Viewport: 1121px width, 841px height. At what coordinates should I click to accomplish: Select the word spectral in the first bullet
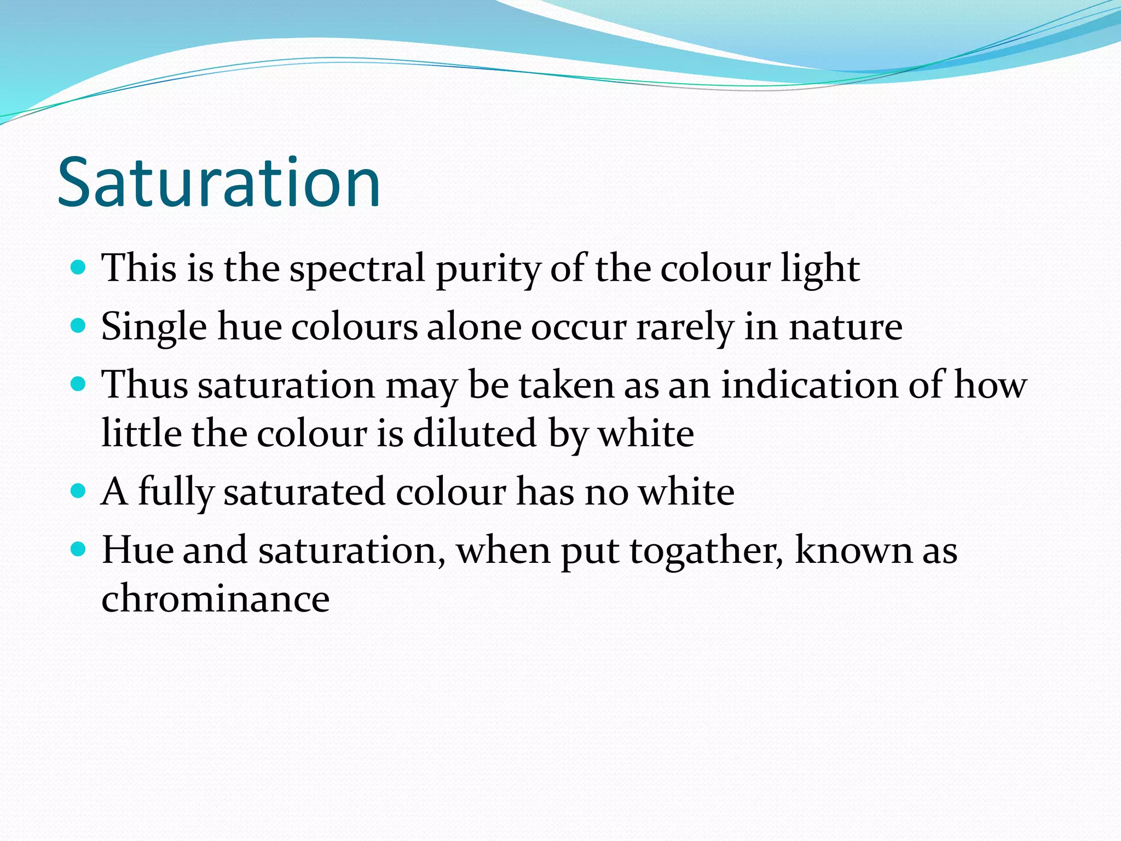pos(357,269)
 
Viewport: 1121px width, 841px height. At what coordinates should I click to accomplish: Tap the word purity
pos(488,269)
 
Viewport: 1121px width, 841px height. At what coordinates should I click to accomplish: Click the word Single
pos(154,327)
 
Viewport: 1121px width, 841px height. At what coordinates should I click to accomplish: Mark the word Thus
pos(145,384)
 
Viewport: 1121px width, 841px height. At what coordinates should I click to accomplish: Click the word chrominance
pos(216,598)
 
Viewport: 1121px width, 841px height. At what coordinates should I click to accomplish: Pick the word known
pos(853,550)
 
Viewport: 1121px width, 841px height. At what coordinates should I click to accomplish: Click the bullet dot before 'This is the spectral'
pos(79,268)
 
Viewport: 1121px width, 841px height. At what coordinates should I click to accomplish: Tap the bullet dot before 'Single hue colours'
pos(79,326)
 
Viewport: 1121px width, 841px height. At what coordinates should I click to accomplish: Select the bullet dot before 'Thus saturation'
pos(79,384)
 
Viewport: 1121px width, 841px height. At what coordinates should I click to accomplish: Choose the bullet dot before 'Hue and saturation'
pos(79,548)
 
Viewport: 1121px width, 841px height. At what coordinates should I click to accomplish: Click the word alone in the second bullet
pos(474,327)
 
